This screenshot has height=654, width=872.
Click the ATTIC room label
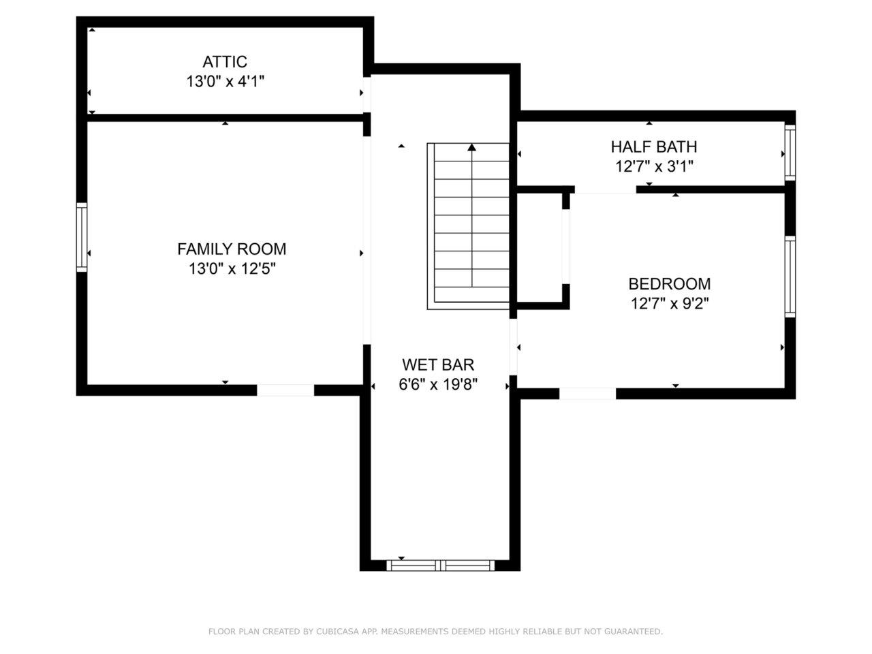click(225, 62)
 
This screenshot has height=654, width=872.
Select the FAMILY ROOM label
click(232, 249)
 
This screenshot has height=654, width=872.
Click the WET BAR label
click(437, 365)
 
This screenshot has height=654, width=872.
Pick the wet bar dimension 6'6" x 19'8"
click(437, 385)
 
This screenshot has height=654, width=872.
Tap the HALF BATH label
click(653, 146)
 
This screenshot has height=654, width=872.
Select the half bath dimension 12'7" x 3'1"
click(653, 166)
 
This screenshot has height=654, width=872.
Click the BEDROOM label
click(669, 283)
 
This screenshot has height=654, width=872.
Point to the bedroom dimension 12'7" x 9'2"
click(670, 303)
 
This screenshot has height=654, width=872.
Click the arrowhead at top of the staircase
click(471, 147)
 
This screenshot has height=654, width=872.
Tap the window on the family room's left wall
click(82, 237)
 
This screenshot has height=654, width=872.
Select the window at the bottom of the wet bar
click(441, 565)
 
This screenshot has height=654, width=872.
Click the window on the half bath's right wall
click(790, 151)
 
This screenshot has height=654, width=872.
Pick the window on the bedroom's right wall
click(790, 277)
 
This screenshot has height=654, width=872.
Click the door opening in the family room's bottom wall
click(285, 390)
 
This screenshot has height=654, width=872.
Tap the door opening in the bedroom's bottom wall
click(587, 393)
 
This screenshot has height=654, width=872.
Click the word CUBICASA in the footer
click(338, 632)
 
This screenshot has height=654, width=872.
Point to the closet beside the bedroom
click(539, 249)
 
